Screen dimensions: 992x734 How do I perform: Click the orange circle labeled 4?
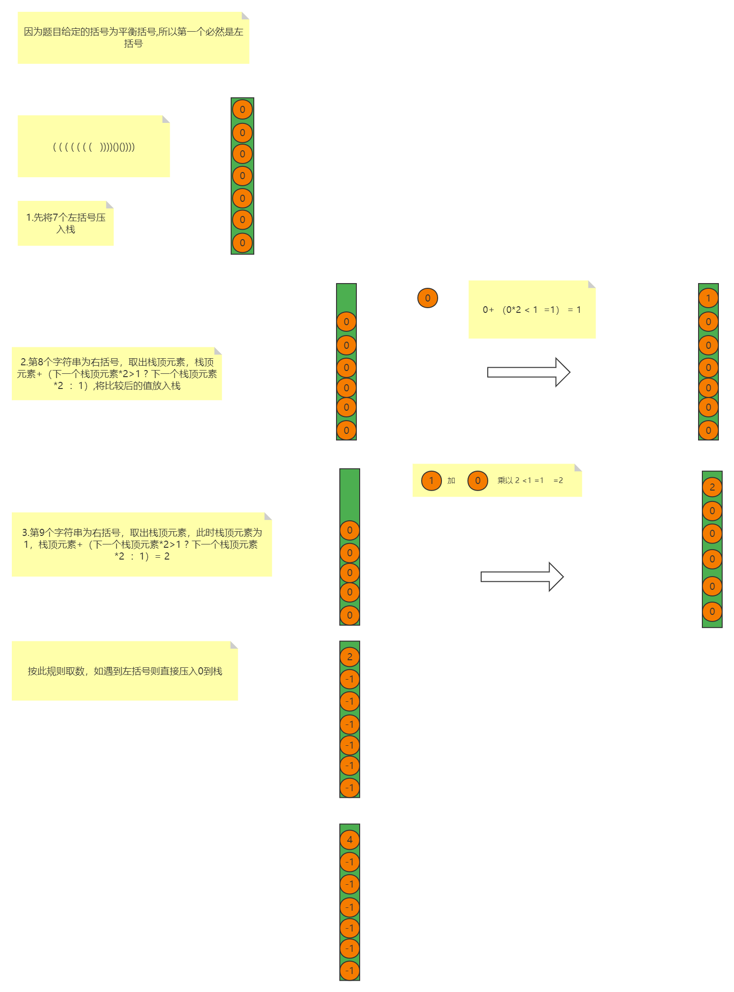click(350, 840)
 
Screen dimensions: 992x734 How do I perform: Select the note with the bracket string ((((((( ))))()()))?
click(94, 147)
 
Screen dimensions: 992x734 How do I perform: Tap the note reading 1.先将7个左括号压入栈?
click(66, 223)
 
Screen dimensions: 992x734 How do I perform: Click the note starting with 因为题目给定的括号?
click(133, 38)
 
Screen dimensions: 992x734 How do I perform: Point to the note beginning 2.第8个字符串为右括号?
click(117, 374)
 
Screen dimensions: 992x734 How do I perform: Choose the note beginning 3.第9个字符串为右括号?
click(142, 544)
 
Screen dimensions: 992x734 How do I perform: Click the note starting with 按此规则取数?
click(125, 671)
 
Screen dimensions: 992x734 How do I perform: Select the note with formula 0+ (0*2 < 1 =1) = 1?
click(532, 310)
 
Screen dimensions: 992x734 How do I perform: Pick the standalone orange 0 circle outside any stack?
click(428, 298)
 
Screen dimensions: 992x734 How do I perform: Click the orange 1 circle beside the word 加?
click(431, 481)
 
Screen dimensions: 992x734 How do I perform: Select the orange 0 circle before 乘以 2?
click(478, 481)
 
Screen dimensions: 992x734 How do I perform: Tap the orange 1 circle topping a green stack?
click(708, 298)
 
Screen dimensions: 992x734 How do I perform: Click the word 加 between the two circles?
click(451, 481)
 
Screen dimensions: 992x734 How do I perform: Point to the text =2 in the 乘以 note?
click(558, 481)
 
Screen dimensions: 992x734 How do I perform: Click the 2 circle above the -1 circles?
click(350, 656)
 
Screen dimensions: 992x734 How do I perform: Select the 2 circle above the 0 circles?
click(712, 487)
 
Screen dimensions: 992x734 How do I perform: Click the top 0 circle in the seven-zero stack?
click(242, 110)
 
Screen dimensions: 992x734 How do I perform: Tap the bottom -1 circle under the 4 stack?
click(350, 971)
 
